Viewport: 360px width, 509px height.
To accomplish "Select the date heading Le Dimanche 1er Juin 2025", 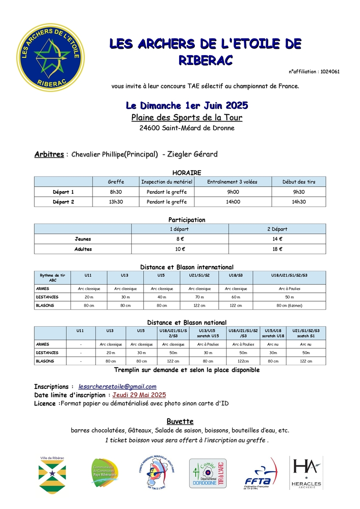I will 187,105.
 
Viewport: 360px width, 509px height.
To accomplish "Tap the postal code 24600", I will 149,128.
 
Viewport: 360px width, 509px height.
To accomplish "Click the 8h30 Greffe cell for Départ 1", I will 116,192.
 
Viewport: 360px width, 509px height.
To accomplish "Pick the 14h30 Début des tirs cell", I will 299,202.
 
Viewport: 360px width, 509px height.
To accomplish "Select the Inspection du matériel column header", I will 167,182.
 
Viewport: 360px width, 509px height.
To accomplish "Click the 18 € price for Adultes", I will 277,249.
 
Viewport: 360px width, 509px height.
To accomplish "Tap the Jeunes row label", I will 83,239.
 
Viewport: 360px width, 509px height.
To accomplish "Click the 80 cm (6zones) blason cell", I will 289,305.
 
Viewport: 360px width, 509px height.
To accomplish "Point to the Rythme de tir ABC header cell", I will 53,278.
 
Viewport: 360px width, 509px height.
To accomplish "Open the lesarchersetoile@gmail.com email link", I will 118,386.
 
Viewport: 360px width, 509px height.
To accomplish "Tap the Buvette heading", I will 180,421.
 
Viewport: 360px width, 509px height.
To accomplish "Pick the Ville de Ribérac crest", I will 52,474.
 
